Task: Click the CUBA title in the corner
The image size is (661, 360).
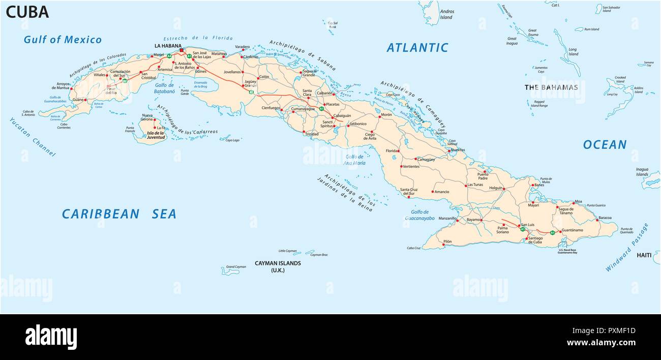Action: pyautogui.click(x=27, y=12)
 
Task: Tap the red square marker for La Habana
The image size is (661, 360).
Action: pyautogui.click(x=181, y=50)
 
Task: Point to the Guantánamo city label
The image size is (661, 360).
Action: pyautogui.click(x=573, y=230)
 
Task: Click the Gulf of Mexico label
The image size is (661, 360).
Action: pyautogui.click(x=63, y=40)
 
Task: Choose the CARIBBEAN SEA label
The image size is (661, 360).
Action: pyautogui.click(x=119, y=214)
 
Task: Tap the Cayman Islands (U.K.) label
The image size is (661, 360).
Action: pyautogui.click(x=278, y=266)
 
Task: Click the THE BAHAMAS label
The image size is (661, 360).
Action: pyautogui.click(x=551, y=87)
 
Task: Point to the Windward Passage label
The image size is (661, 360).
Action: pyautogui.click(x=627, y=247)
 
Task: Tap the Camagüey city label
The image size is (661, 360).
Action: pyautogui.click(x=426, y=160)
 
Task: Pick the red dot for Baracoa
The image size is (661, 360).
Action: pyautogui.click(x=596, y=218)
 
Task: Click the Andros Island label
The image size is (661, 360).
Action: pyautogui.click(x=446, y=14)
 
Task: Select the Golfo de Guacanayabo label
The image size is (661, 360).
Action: pyautogui.click(x=419, y=215)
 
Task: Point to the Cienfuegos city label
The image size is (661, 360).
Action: pyautogui.click(x=271, y=108)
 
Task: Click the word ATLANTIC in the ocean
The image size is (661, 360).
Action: pyautogui.click(x=417, y=48)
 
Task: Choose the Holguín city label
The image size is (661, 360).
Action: pyautogui.click(x=495, y=188)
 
